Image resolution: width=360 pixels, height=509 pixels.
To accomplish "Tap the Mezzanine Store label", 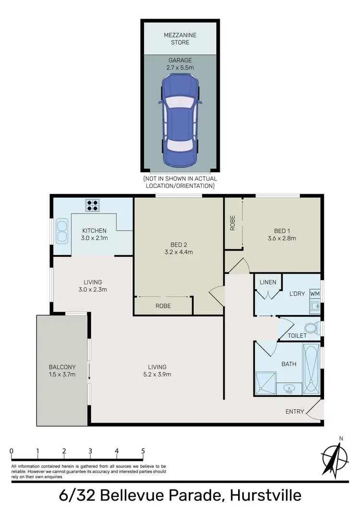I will [180, 38].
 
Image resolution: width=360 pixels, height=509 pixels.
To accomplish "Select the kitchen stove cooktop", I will [92, 205].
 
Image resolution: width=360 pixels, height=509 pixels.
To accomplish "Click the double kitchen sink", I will [62, 230].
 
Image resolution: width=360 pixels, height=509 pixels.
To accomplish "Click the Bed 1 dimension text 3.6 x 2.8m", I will [282, 238].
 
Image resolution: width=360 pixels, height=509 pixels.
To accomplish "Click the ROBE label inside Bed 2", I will [163, 306].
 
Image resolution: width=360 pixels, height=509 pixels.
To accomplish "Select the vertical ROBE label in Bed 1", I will [233, 224].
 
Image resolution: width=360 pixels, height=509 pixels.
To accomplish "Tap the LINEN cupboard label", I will [268, 282].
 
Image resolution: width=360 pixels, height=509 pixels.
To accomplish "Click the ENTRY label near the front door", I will [294, 412].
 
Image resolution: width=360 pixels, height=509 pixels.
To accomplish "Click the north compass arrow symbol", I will [336, 457].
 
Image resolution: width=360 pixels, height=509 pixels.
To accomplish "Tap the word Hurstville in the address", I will [265, 495].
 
